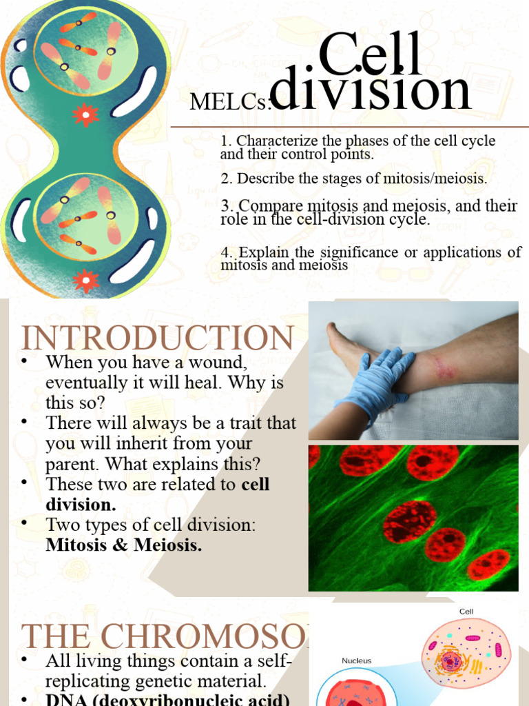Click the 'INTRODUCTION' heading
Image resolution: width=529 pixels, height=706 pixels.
(x=158, y=339)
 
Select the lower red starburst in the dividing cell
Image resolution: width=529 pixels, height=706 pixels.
(x=85, y=279)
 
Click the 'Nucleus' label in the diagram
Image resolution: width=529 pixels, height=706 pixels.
(x=356, y=660)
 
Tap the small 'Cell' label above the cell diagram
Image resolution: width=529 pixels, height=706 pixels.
(x=466, y=612)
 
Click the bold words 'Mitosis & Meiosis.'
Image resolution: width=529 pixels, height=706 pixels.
(x=123, y=545)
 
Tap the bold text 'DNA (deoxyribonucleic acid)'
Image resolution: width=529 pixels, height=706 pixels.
(x=165, y=699)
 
